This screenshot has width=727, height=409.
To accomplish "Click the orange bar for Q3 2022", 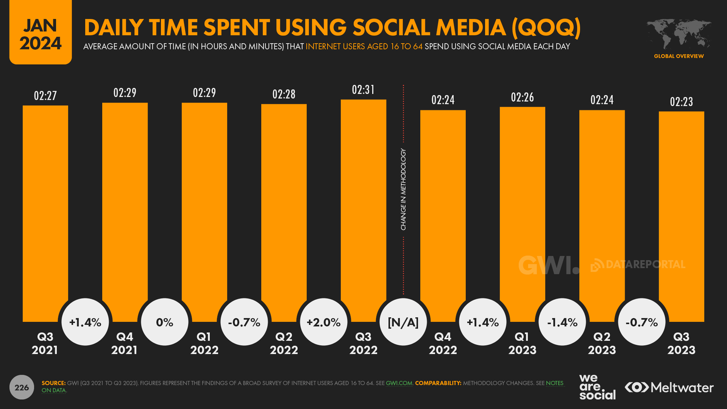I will coord(363,204).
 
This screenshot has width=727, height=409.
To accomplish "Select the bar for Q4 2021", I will coord(125,204).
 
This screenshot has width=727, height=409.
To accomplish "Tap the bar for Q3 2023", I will coord(681,208).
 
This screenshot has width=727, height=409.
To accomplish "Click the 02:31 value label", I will coord(363,90).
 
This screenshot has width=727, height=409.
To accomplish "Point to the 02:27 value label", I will coord(46,95).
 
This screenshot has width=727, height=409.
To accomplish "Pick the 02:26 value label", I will coord(522,97).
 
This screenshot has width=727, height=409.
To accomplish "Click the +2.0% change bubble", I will coord(324,322).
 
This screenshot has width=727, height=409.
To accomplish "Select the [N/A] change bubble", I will coord(403,322).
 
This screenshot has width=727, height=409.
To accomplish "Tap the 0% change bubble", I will coord(165,322).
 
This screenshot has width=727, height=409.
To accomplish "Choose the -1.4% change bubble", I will coord(562,322).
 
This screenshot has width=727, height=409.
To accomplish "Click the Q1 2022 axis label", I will coord(205,343).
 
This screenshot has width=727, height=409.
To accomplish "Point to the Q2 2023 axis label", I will coord(602,343).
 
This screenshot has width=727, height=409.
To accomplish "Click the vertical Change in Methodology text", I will coord(403,189).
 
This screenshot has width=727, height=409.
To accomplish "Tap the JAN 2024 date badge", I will coord(41,34).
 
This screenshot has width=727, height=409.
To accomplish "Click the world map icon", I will coord(679,34).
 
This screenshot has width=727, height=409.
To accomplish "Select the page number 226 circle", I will coord(22,387).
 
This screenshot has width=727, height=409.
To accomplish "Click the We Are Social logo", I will coord(597,387).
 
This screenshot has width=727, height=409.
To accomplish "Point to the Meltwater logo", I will coord(669,387).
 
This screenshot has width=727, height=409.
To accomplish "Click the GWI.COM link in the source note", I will coord(399,383).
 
